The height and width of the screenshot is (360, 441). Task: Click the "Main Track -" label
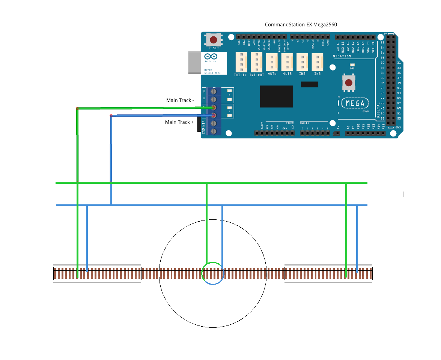pyautogui.click(x=180, y=100)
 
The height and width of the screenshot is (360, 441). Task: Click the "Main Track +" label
pyautogui.click(x=179, y=122)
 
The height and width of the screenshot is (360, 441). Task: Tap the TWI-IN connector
pyautogui.click(x=241, y=62)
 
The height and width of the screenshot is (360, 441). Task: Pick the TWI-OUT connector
pyautogui.click(x=256, y=62)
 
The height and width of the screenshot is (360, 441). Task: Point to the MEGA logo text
pyautogui.click(x=355, y=103)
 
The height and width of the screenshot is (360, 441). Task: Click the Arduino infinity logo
pyautogui.click(x=210, y=56)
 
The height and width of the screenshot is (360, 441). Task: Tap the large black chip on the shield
pyautogui.click(x=277, y=96)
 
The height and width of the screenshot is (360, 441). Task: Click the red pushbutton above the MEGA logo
pyautogui.click(x=349, y=83)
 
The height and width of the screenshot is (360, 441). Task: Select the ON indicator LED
pyautogui.click(x=352, y=65)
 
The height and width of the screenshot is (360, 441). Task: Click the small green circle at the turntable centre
pyautogui.click(x=213, y=273)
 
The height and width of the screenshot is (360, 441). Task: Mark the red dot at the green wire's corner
pyautogui.click(x=77, y=109)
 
